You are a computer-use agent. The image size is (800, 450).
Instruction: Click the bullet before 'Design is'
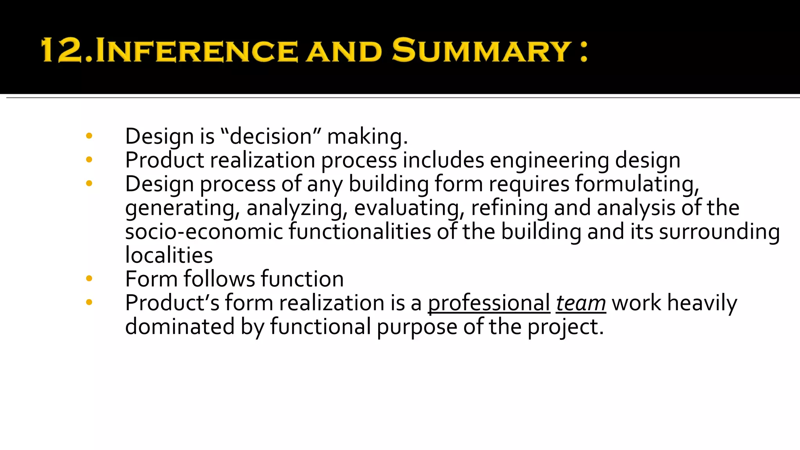point(89,136)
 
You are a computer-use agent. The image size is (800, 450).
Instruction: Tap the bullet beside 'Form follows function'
point(89,279)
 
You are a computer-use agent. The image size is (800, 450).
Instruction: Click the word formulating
point(637,184)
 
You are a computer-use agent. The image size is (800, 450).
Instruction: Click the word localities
point(169,255)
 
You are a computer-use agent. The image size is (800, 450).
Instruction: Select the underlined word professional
point(489,303)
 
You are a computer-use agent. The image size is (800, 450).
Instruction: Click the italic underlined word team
point(581,303)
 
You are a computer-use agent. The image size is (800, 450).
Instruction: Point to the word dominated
point(180,327)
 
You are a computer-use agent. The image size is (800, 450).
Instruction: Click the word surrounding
point(720,231)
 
